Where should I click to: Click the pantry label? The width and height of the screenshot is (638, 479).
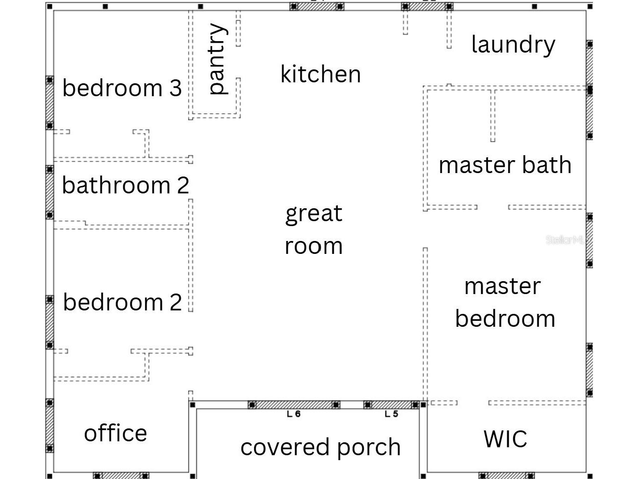(x=218, y=59)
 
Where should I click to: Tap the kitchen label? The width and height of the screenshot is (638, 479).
(x=320, y=74)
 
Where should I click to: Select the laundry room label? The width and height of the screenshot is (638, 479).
(x=513, y=45)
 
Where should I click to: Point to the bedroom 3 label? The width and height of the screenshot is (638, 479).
(x=122, y=88)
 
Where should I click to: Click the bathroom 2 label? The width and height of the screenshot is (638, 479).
(x=125, y=185)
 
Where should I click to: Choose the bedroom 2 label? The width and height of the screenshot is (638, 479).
(x=122, y=302)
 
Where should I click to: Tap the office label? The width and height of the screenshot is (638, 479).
(x=115, y=433)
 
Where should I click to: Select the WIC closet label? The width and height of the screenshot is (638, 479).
(x=505, y=439)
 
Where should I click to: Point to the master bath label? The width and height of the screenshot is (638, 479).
(x=505, y=165)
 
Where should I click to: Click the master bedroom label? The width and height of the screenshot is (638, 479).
(x=505, y=303)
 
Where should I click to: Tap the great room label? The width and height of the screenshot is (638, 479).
(x=314, y=230)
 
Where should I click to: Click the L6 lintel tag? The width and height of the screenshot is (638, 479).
(x=294, y=414)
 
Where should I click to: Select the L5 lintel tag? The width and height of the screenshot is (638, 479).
(x=391, y=414)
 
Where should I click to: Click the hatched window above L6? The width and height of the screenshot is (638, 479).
(x=294, y=405)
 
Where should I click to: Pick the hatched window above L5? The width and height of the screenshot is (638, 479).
(x=391, y=405)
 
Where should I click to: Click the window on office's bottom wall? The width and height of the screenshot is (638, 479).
(x=121, y=476)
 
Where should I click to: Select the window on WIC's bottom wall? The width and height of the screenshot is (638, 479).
(x=507, y=476)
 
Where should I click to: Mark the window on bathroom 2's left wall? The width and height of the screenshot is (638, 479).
(x=50, y=192)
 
